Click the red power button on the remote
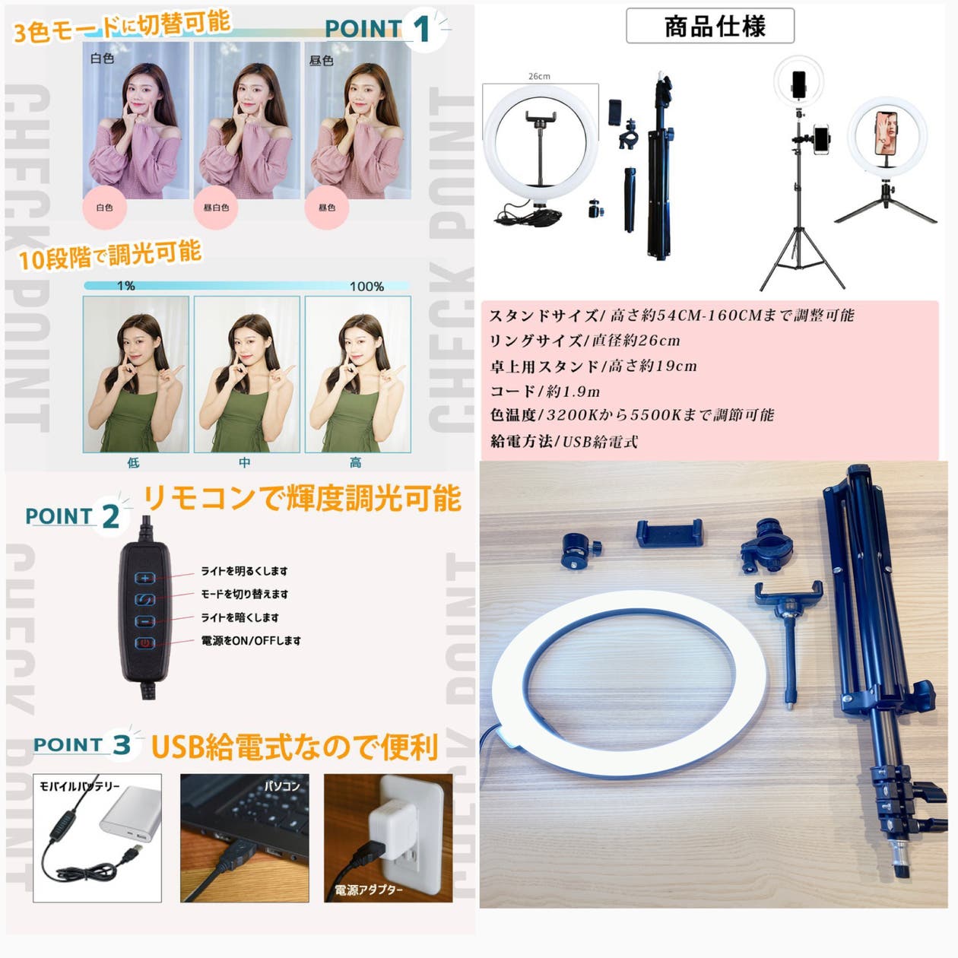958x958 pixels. click(x=145, y=643)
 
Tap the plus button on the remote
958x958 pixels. click(x=145, y=578)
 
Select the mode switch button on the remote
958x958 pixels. click(x=145, y=600)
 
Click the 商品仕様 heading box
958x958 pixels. click(x=710, y=27)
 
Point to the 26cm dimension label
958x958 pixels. click(x=539, y=76)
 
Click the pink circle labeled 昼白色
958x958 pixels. click(x=216, y=208)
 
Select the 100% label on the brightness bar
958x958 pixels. click(x=366, y=287)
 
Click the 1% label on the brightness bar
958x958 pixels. click(x=125, y=286)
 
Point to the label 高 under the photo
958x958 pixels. click(x=355, y=462)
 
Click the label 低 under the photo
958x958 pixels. click(x=133, y=462)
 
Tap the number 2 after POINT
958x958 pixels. click(x=111, y=517)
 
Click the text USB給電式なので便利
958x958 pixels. click(x=294, y=747)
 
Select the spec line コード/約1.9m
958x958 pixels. click(x=545, y=392)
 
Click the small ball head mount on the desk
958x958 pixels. click(x=581, y=548)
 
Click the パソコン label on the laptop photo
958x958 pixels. click(x=281, y=785)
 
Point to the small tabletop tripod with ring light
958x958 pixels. click(x=886, y=163)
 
